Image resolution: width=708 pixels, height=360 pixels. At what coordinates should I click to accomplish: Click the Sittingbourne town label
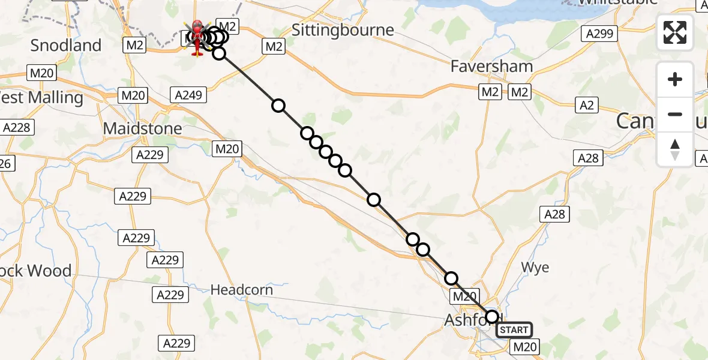click(343, 30)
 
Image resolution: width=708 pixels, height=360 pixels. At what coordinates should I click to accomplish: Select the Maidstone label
click(142, 128)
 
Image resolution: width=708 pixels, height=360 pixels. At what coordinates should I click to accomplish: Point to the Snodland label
click(66, 45)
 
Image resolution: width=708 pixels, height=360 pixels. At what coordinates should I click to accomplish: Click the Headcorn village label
click(241, 290)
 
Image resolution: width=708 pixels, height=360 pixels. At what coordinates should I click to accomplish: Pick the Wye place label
click(535, 268)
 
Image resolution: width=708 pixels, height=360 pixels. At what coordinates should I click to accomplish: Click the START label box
click(514, 330)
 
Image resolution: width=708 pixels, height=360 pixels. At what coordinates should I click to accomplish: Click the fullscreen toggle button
click(675, 32)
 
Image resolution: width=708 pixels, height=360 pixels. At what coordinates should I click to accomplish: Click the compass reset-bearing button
click(675, 149)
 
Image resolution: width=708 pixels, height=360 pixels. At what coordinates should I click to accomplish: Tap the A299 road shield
click(599, 34)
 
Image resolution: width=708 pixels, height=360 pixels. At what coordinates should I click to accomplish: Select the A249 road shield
click(189, 95)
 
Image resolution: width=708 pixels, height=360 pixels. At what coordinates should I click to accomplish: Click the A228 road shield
click(17, 128)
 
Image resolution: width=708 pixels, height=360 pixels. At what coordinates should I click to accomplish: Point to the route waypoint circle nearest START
click(492, 316)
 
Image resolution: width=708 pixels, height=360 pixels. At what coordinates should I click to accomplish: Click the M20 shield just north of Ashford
click(464, 296)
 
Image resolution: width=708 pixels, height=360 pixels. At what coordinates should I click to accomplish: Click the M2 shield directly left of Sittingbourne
click(274, 46)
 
